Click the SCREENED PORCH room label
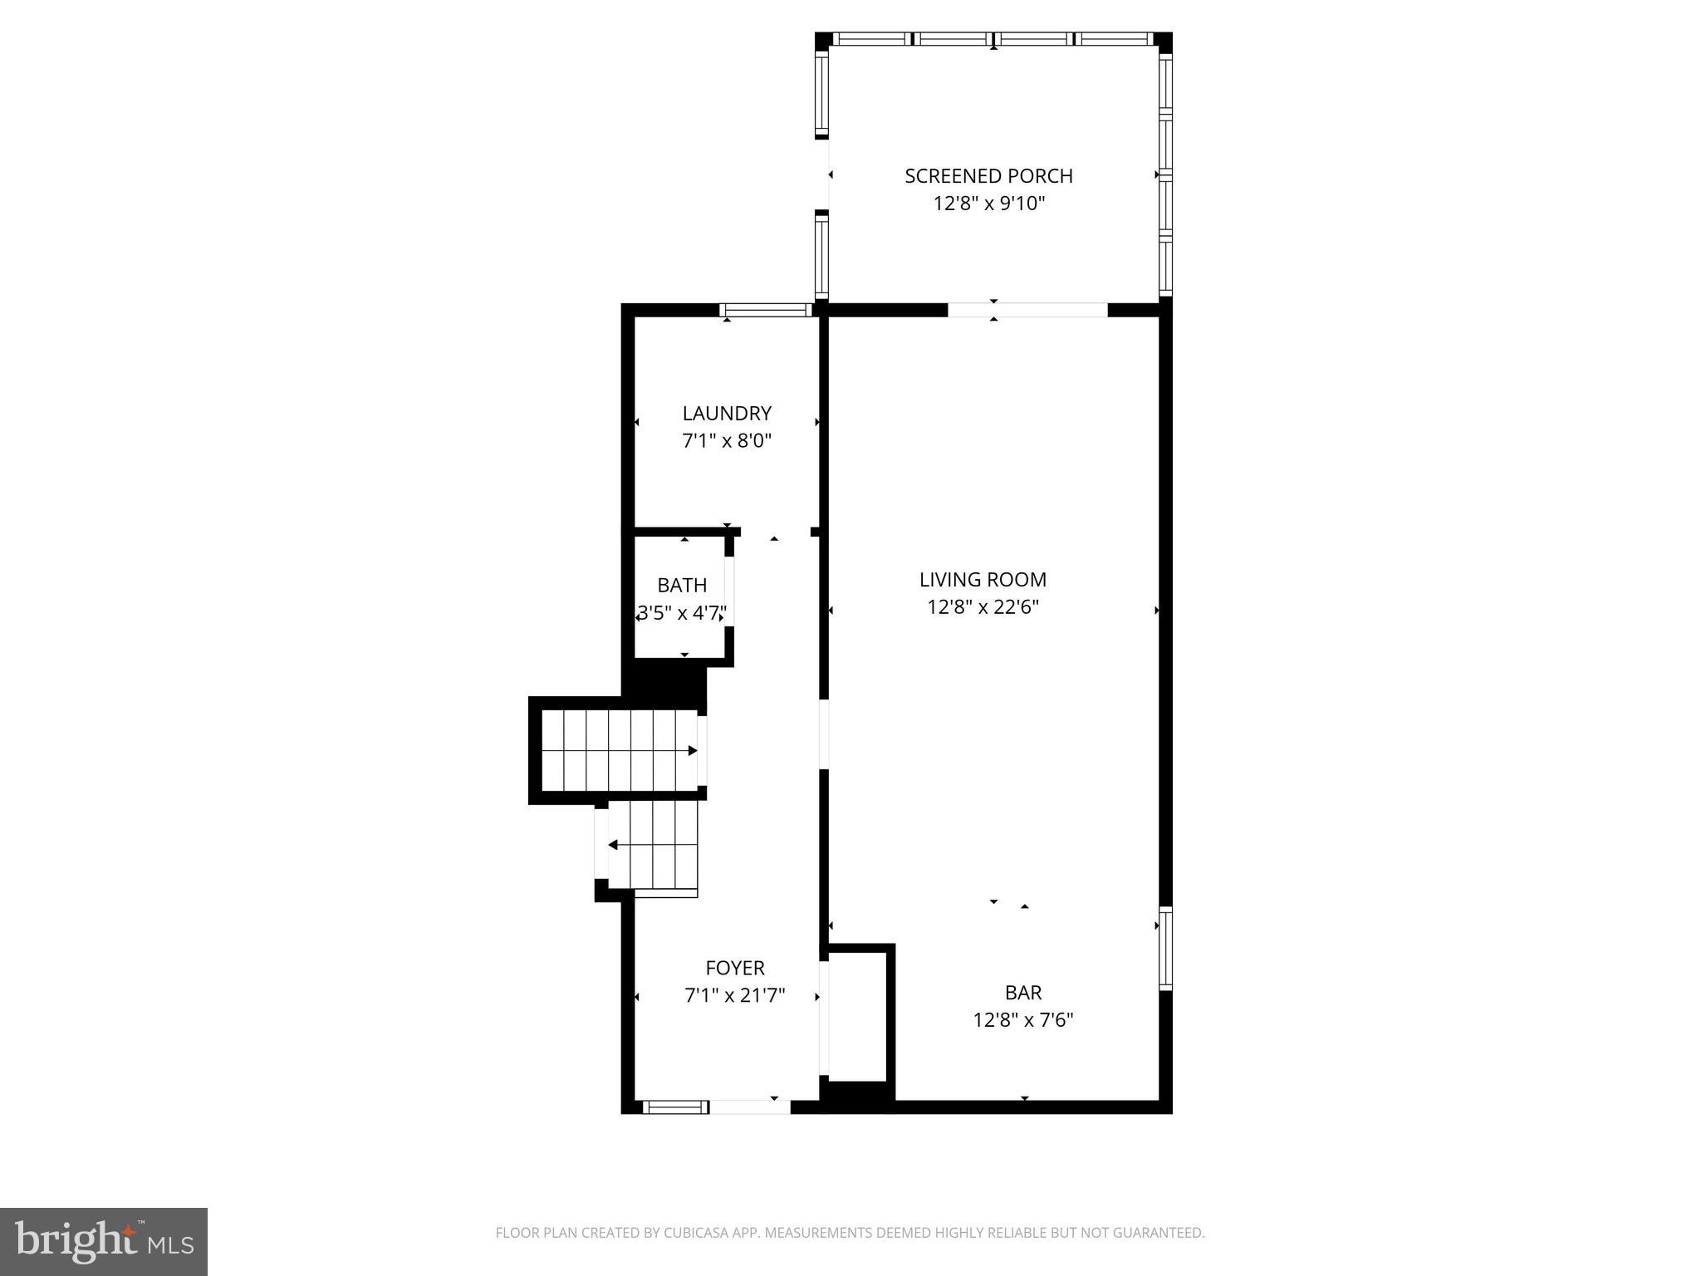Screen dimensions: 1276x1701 (988, 176)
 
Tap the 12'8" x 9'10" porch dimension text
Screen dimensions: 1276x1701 (988, 204)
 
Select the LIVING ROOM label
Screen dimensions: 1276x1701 (983, 580)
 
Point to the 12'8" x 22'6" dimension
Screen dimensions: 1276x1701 (983, 607)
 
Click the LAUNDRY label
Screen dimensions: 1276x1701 (727, 414)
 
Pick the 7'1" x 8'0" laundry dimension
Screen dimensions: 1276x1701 (727, 441)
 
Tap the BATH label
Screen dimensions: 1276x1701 (682, 586)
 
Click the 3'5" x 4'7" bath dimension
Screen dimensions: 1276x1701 (682, 614)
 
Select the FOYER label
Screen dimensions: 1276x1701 (735, 968)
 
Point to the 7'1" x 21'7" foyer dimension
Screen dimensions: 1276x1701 (735, 995)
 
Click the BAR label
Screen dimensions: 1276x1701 (1023, 993)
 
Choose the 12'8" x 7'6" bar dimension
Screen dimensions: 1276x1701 (1023, 1020)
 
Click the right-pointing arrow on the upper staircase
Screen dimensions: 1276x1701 (692, 751)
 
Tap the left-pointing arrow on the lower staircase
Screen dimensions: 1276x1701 (613, 845)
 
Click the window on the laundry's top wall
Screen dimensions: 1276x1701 (765, 311)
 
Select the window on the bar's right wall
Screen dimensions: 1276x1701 (1165, 950)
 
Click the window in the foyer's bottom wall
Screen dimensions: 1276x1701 (675, 1107)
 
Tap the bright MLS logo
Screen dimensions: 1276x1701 (104, 1242)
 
